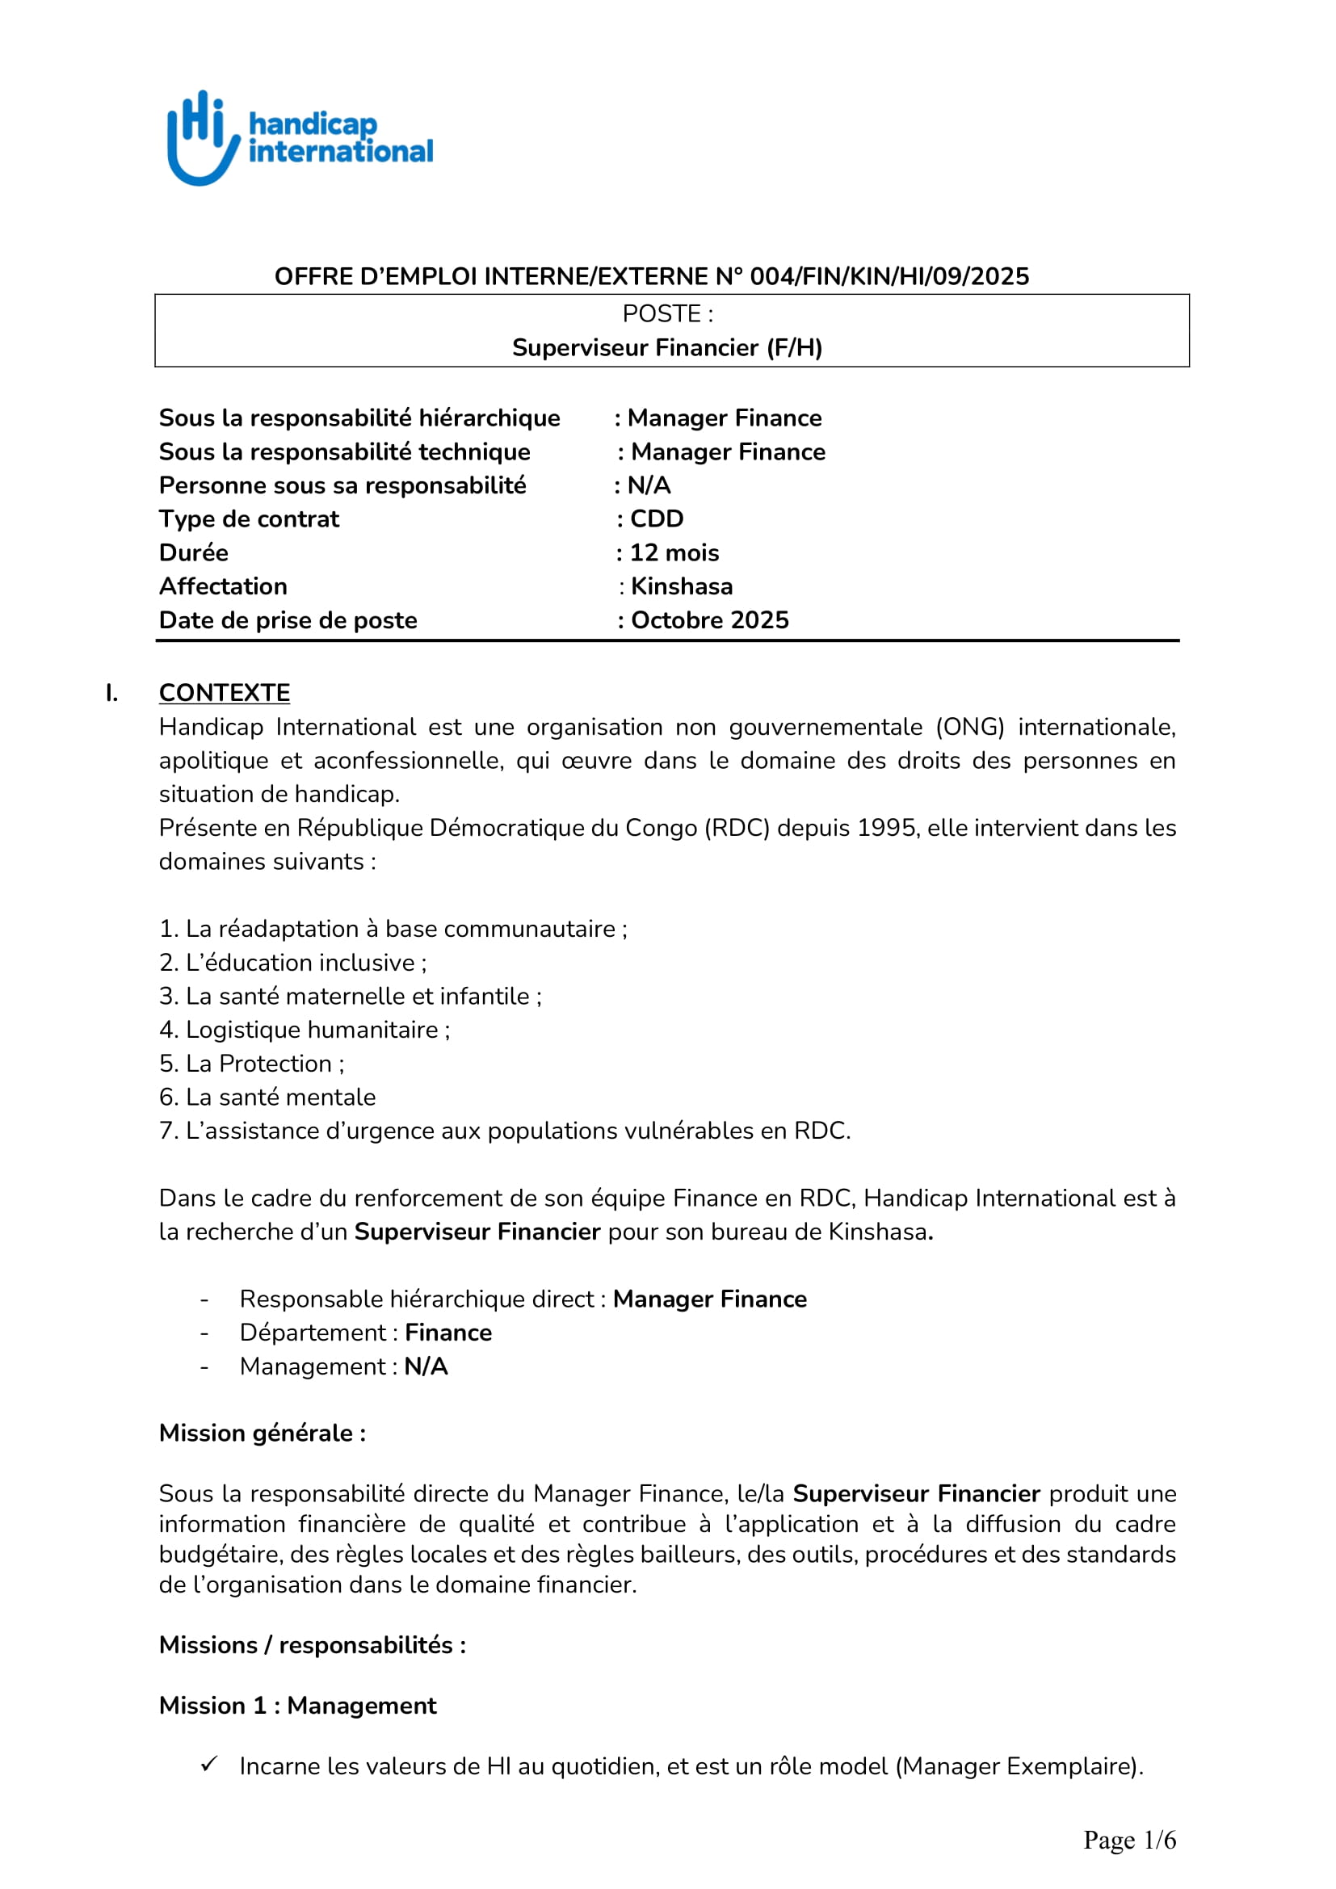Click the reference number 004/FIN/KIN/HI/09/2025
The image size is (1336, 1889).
[x=889, y=276]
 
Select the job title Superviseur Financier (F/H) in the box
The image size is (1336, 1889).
[x=667, y=348]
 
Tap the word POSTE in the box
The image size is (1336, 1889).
[x=662, y=313]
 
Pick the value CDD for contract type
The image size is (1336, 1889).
[x=657, y=519]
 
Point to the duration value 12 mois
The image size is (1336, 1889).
[x=674, y=553]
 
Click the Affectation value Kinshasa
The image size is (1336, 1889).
[x=681, y=586]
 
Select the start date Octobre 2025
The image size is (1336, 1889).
[x=709, y=620]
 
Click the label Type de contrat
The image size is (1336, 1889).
[x=250, y=519]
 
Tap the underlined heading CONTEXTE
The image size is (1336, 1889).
[x=225, y=693]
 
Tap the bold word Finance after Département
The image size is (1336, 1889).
[x=448, y=1333]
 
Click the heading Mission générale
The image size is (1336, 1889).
[x=263, y=1434]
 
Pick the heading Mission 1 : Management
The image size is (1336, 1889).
[x=298, y=1706]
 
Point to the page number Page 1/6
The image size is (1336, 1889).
[x=1129, y=1840]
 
